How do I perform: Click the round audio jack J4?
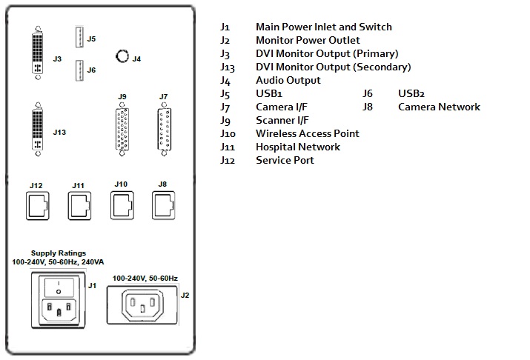tap(122, 56)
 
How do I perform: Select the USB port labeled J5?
tap(79, 37)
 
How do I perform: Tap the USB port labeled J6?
tap(79, 70)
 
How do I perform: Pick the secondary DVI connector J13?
tap(37, 132)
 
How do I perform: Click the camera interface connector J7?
tap(164, 130)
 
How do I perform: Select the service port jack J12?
tap(37, 204)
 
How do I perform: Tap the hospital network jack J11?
tap(79, 204)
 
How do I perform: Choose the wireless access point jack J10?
tap(122, 203)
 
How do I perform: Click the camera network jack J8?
tap(162, 203)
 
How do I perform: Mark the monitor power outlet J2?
tap(142, 304)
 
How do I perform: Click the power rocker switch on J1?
tap(59, 287)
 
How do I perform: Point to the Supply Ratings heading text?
tap(59, 253)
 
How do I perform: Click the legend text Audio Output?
tap(288, 80)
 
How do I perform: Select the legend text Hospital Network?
tap(297, 147)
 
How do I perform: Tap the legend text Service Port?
tap(285, 160)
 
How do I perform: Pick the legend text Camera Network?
tap(439, 107)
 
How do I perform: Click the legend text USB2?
tap(414, 93)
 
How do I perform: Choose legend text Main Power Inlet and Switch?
tap(324, 27)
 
